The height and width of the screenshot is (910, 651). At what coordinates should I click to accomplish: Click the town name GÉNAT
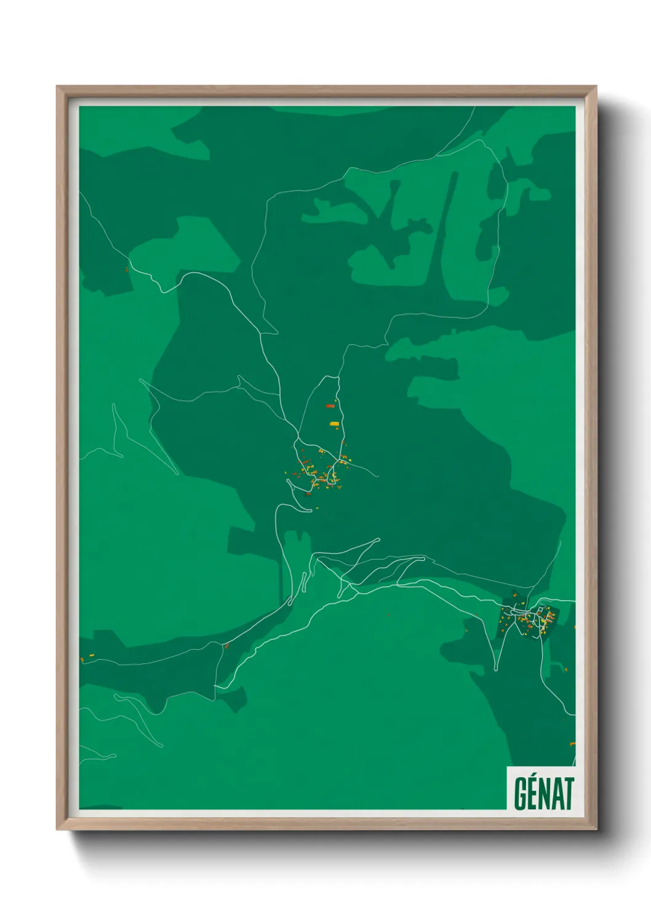[x=543, y=793]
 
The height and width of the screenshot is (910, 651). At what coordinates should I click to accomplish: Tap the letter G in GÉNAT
[x=521, y=794]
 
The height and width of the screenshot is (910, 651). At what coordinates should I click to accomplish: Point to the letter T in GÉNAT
[x=567, y=794]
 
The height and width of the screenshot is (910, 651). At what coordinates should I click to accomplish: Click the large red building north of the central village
[x=330, y=406]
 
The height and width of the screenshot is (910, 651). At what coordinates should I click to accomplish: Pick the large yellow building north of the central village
[x=334, y=424]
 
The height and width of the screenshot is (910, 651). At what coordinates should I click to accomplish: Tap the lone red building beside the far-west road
[x=127, y=269]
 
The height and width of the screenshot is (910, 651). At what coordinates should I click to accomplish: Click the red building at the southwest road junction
[x=226, y=646]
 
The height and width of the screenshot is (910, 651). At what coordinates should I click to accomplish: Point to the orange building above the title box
[x=572, y=744]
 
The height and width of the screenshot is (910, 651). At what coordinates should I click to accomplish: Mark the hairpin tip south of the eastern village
[x=495, y=669]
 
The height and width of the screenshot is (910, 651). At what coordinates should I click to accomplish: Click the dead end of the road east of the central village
[x=375, y=475]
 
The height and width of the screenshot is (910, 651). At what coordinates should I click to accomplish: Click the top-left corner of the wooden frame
[x=57, y=87]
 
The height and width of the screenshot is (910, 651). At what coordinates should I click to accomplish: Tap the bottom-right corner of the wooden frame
[x=596, y=829]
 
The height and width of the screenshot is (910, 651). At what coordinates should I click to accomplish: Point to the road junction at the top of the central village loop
[x=336, y=376]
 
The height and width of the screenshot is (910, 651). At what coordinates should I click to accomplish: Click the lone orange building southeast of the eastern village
[x=567, y=665]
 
